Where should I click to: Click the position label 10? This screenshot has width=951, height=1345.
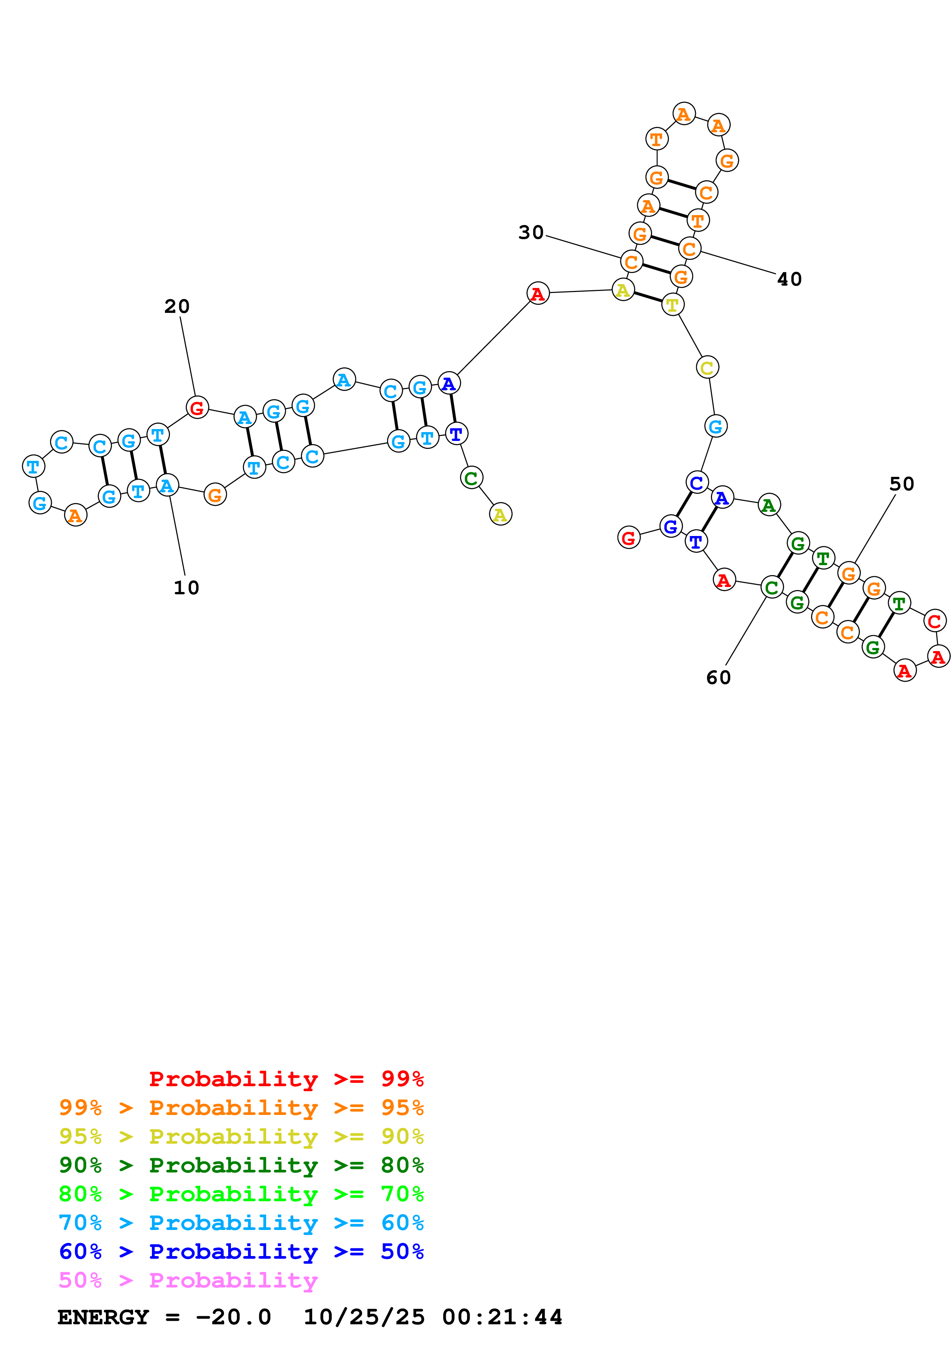pyautogui.click(x=186, y=587)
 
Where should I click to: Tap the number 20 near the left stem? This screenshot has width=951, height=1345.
pyautogui.click(x=177, y=306)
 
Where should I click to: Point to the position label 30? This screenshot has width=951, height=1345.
pyautogui.click(x=531, y=233)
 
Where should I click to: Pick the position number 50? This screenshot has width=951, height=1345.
pyautogui.click(x=901, y=484)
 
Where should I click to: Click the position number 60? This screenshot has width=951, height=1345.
pyautogui.click(x=719, y=678)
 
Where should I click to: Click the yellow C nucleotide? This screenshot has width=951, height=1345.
pyautogui.click(x=707, y=368)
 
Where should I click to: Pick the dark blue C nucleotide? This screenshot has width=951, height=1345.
pyautogui.click(x=697, y=483)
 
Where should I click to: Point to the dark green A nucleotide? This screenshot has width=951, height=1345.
pyautogui.click(x=769, y=505)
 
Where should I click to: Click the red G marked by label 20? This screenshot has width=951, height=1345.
pyautogui.click(x=197, y=407)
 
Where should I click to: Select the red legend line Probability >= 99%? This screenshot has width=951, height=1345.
pyautogui.click(x=286, y=1079)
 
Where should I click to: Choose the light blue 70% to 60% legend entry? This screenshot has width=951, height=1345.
pyautogui.click(x=241, y=1223)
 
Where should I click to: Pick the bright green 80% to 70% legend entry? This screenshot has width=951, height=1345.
pyautogui.click(x=241, y=1194)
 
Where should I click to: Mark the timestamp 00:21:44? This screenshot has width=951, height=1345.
pyautogui.click(x=502, y=1317)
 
